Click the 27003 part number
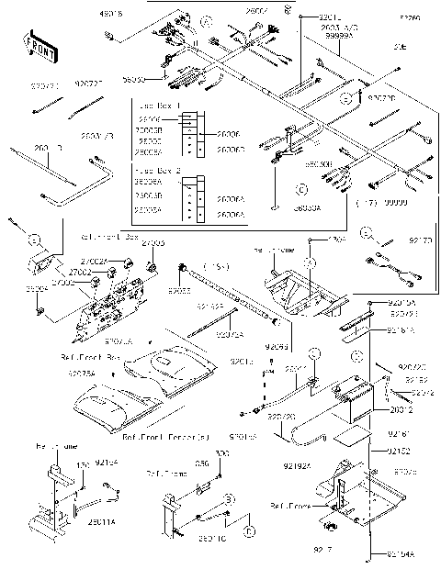pos(153,243)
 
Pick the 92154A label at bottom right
pos(402,554)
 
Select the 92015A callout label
pos(401,302)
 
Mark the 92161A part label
pos(401,329)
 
